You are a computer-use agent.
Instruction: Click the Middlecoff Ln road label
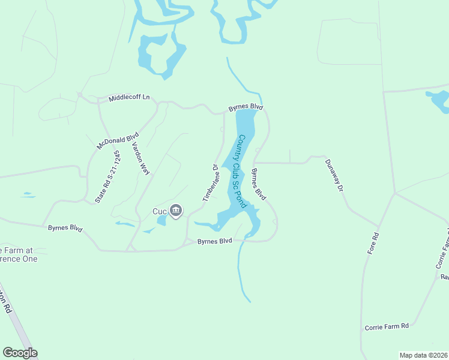(129, 98)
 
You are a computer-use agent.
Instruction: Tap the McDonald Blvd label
(118, 140)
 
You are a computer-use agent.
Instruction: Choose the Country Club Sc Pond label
(241, 172)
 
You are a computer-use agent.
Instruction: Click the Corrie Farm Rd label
(387, 326)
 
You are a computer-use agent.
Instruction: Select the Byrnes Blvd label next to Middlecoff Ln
(246, 107)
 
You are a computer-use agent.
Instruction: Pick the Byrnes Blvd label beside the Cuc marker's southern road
(215, 241)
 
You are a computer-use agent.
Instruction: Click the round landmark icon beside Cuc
(176, 211)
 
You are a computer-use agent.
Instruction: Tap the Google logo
(20, 353)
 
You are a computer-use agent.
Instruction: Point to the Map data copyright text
(423, 355)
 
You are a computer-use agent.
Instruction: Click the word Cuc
(159, 211)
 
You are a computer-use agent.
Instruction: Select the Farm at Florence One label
(18, 254)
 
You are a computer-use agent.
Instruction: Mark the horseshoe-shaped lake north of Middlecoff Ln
(159, 57)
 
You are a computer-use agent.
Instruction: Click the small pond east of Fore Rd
(439, 100)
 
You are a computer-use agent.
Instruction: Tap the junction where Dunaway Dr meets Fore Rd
(395, 193)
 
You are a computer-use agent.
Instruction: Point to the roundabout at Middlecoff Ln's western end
(79, 95)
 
